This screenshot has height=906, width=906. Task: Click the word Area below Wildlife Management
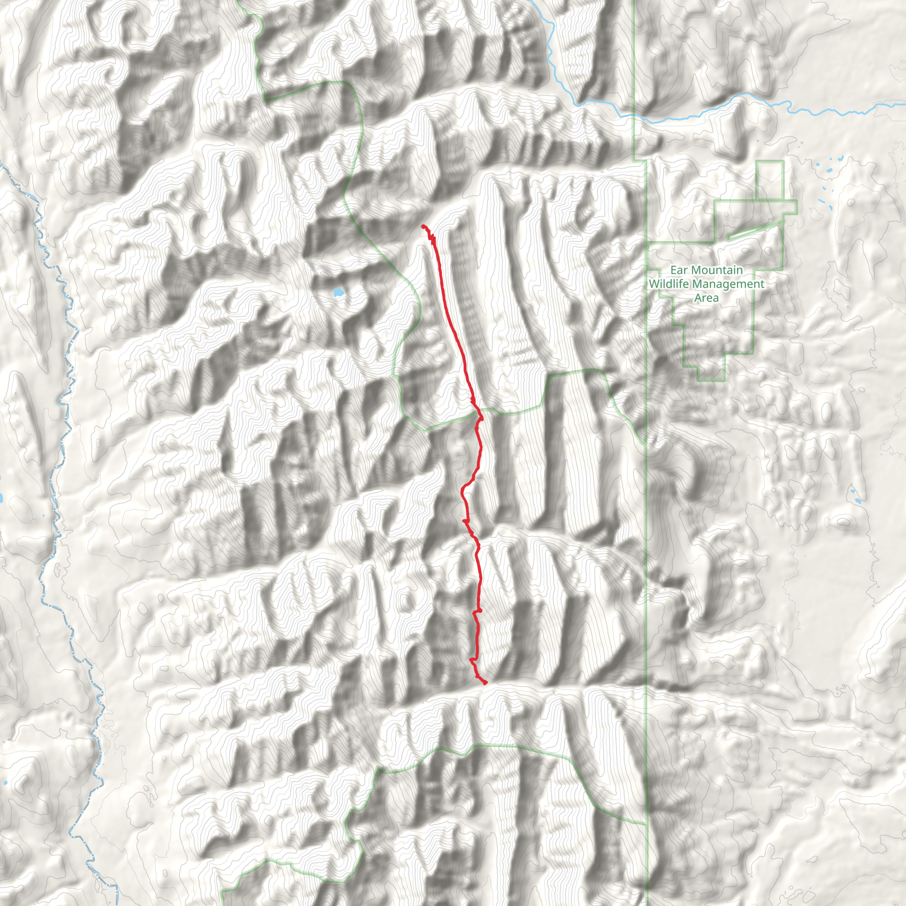pos(706,298)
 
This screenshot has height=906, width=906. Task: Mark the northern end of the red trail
pos(423,226)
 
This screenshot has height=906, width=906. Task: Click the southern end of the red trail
pos(485,683)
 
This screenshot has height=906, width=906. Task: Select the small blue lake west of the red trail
pos(338,293)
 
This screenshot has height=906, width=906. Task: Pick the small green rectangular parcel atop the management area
pos(770,180)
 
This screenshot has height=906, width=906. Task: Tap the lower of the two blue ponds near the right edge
pos(858,501)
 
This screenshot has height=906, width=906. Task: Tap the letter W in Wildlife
pos(653,284)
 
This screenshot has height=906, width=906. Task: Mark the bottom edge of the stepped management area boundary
pos(711,380)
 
